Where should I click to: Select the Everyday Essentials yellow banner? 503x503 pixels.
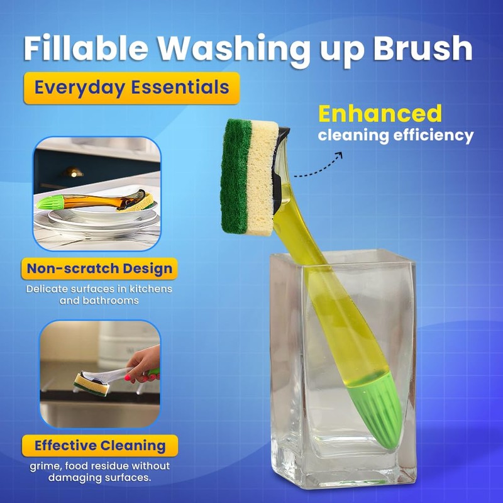(131, 87)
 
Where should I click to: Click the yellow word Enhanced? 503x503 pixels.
(380, 114)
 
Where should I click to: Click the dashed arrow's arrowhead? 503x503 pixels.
(338, 154)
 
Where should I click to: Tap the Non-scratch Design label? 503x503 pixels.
(99, 269)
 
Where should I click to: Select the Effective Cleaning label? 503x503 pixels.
(100, 446)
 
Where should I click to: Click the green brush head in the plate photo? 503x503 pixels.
(51, 203)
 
